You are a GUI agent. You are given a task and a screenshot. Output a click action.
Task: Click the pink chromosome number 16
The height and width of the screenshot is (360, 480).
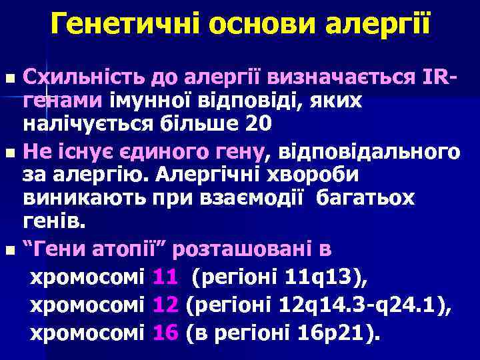point(164,330)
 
